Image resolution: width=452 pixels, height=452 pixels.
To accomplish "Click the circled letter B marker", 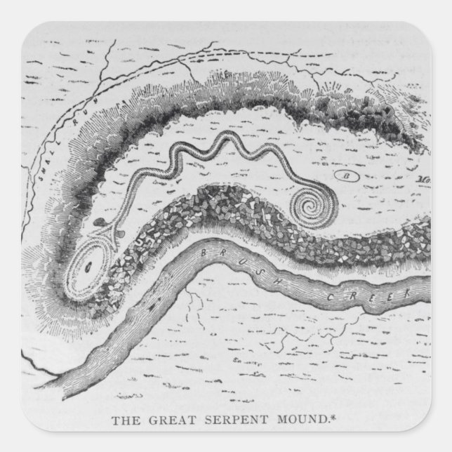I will [345, 173].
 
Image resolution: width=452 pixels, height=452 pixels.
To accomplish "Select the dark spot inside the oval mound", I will [87, 265].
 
